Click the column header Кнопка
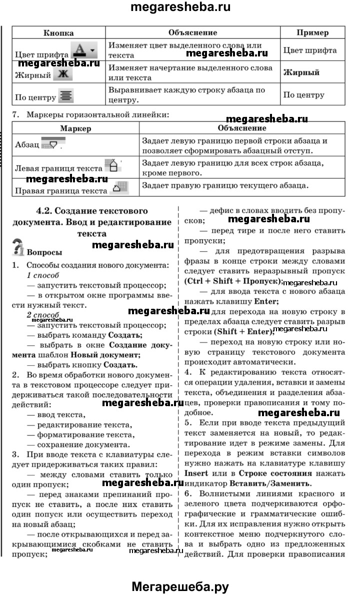pos(58,33)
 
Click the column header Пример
pos(312,33)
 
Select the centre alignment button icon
pos(65,95)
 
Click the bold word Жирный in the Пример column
pos(301,72)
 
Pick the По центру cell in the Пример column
pos(303,95)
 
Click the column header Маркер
pos(75,128)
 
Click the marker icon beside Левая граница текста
pos(113,166)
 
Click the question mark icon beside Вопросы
pos(18,248)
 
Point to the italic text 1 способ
pos(43,275)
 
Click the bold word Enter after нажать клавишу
pos(266,302)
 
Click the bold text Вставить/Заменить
pos(270,484)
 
